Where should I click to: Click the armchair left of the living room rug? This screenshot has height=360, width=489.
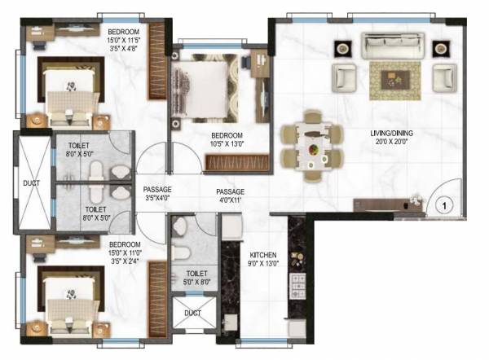pos(343,78)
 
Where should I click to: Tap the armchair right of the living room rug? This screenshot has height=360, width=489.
pos(441,78)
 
